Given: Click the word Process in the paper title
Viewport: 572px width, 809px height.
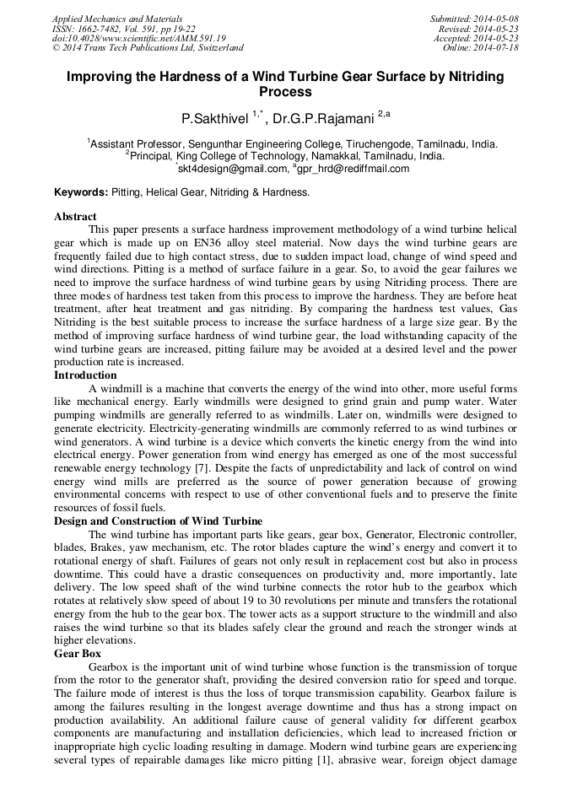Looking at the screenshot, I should pos(285,92).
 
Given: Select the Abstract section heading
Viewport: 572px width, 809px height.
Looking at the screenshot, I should pos(75,217).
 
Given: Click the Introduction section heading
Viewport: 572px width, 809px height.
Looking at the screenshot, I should pos(85,375).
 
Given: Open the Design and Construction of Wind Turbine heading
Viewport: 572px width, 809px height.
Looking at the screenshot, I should pos(158,520).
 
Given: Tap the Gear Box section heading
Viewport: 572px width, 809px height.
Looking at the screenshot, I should pos(78,654).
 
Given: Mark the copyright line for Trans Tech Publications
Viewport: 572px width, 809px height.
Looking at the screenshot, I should pos(148,48).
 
